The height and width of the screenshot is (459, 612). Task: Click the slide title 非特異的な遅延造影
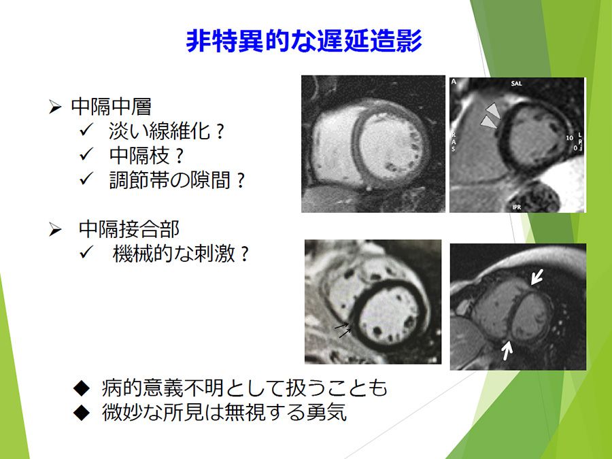tap(304, 41)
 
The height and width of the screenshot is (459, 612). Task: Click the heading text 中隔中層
tap(112, 106)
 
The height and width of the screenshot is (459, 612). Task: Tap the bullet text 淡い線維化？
tap(167, 131)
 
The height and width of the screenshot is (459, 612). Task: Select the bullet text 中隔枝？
tap(146, 155)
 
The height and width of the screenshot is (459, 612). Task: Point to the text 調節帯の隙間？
tap(177, 180)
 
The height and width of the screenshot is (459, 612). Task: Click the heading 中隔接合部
tap(129, 228)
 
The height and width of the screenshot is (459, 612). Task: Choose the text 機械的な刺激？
tap(181, 254)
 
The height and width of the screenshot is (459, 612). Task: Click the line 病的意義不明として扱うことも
tap(244, 388)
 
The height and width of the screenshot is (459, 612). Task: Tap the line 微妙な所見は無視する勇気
tap(224, 412)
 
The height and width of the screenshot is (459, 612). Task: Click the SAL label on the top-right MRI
tap(516, 84)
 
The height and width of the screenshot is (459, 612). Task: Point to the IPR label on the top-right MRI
tap(516, 207)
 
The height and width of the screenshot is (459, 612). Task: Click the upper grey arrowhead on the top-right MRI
tap(493, 109)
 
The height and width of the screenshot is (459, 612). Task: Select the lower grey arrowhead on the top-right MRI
tap(489, 122)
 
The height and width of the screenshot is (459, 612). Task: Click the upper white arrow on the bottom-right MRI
tap(537, 276)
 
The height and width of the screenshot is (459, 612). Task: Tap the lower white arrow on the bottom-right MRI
tap(507, 350)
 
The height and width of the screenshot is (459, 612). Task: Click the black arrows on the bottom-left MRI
tap(343, 329)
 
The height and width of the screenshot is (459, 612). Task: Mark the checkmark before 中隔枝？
tap(86, 154)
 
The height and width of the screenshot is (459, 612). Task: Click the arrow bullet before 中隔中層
tap(55, 107)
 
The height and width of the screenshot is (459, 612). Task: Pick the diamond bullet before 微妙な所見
tap(82, 412)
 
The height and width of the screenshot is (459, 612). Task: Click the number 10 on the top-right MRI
tap(569, 138)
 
